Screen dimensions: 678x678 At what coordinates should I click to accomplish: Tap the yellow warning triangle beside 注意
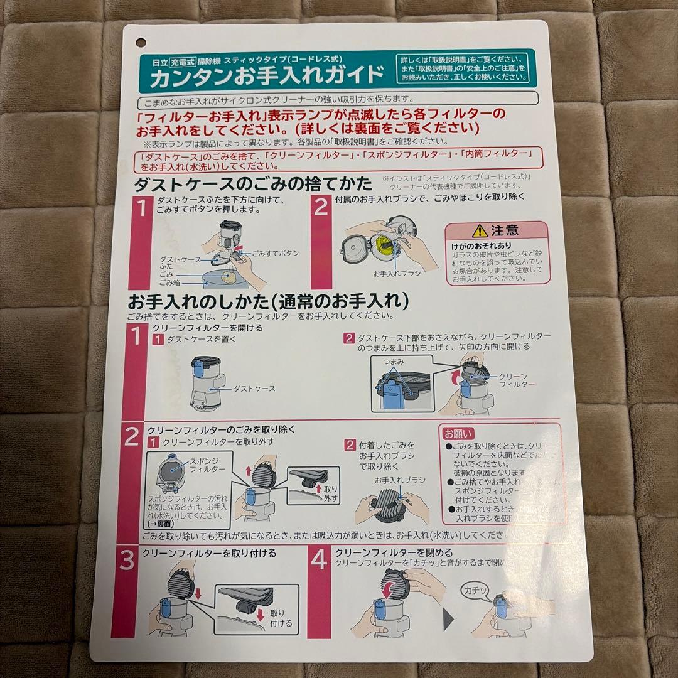[480, 230]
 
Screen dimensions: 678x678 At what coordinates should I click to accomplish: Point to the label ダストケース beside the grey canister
[254, 389]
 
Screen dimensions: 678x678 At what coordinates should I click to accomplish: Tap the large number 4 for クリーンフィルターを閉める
[320, 559]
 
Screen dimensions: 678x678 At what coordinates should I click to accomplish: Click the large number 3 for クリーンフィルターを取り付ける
[127, 561]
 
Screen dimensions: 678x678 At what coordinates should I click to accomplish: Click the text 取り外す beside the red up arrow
[331, 493]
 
